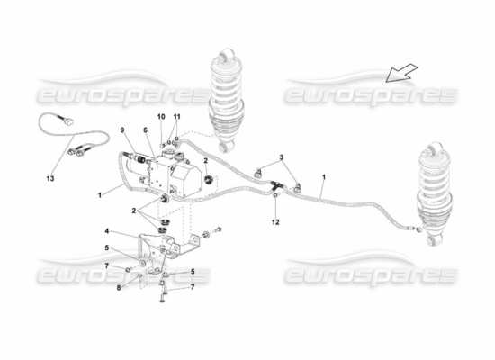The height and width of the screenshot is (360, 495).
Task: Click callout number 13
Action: coord(50,179)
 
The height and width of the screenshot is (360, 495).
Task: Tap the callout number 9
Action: coord(122,130)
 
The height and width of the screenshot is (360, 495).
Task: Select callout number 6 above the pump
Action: coord(145,130)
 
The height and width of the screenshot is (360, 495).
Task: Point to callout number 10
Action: coord(161,117)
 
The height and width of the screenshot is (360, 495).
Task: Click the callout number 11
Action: coord(176,117)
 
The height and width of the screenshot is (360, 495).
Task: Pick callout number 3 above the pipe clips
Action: coord(281,157)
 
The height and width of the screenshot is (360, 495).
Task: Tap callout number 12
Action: coord(275,222)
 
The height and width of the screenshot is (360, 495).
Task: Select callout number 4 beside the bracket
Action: coord(107,231)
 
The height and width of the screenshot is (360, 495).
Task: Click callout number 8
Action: coord(119,288)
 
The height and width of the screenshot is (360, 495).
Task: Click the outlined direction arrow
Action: coord(401,73)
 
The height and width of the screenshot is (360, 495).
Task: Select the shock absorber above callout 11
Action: coord(227,100)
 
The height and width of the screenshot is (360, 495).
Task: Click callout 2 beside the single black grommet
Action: coord(205,161)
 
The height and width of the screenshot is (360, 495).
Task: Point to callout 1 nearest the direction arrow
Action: coord(324,177)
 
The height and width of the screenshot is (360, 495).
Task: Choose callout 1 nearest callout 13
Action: coord(100,195)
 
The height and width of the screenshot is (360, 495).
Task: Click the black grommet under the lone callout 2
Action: coord(209,180)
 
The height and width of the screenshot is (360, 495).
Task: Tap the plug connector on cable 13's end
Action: coord(68,121)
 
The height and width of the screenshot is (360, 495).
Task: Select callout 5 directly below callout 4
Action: coord(107,248)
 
